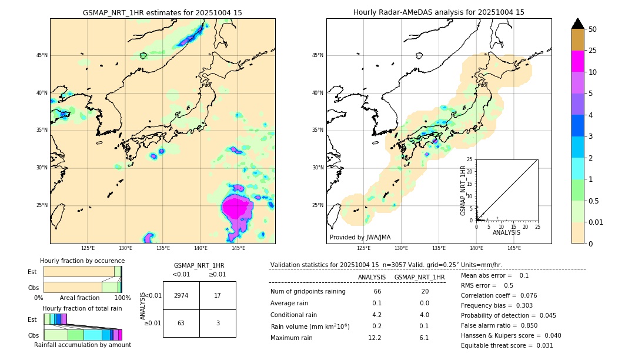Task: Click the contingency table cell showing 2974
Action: (181, 295)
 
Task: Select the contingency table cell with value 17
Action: (218, 295)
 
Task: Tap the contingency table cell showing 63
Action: (181, 323)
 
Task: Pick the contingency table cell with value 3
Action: (218, 323)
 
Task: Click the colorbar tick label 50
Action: (593, 29)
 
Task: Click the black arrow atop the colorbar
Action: (578, 24)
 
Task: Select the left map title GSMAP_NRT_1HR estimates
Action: (162, 12)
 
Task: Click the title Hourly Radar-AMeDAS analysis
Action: (439, 12)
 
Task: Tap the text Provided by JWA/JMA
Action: (360, 237)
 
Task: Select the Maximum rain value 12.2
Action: (375, 338)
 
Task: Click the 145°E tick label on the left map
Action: (238, 248)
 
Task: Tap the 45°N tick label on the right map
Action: (317, 56)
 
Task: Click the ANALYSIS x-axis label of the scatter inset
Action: (506, 232)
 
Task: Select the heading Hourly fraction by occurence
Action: (82, 261)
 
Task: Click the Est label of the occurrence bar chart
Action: (32, 272)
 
